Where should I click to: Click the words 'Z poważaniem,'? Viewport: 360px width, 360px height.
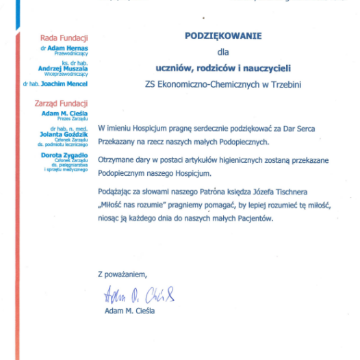(123, 274)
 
